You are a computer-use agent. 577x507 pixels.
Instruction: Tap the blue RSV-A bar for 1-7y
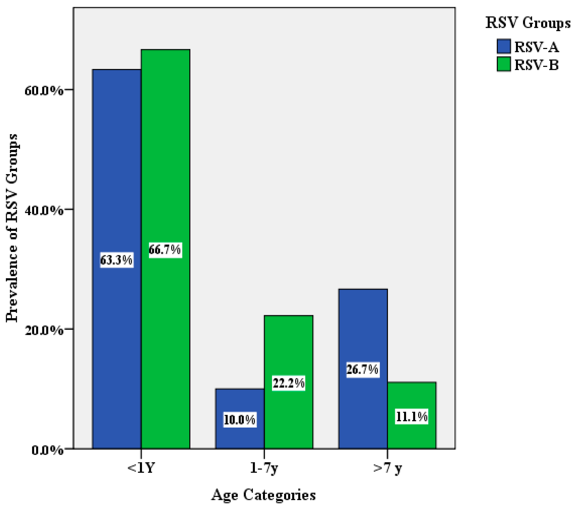pyautogui.click(x=240, y=401)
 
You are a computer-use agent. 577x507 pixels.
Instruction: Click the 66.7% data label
pyautogui.click(x=165, y=250)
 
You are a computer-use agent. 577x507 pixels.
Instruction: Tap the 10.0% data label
pyautogui.click(x=240, y=420)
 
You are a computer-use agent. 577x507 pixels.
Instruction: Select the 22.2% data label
pyautogui.click(x=288, y=383)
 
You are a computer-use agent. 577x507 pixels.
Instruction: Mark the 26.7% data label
pyautogui.click(x=362, y=369)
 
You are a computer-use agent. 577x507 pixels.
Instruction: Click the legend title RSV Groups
pyautogui.click(x=527, y=23)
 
